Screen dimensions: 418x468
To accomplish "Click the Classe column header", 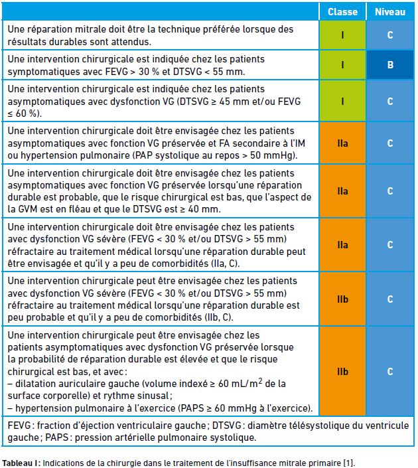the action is [x=342, y=12].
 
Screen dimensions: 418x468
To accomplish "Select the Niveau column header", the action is [x=390, y=12].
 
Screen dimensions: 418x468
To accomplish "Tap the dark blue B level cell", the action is [x=390, y=65].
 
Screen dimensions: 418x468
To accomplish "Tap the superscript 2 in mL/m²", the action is [x=260, y=381].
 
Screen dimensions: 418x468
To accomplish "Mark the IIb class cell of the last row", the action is [x=342, y=371].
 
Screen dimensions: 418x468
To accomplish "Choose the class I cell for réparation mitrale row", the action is [x=342, y=35].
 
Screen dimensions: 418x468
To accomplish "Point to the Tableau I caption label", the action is [x=21, y=463].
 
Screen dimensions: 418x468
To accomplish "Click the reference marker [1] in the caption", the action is [x=348, y=463].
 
